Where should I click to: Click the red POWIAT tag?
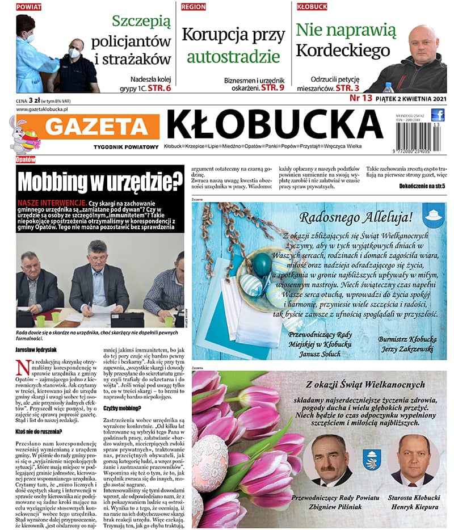click(28, 7)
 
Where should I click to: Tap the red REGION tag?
click(194, 7)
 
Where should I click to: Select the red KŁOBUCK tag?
click(312, 7)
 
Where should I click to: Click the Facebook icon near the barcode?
click(438, 115)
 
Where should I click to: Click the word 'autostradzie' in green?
click(233, 57)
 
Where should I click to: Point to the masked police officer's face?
click(73, 51)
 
